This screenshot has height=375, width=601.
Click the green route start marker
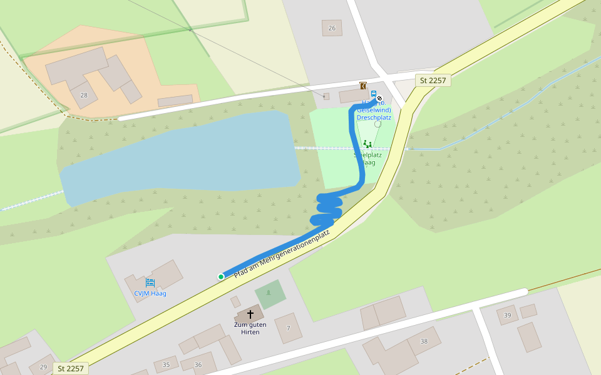pyautogui.click(x=221, y=277)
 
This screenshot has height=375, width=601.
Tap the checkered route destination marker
pyautogui.click(x=379, y=98)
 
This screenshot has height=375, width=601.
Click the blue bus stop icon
pyautogui.click(x=374, y=94)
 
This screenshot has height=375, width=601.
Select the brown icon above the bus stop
pyautogui.click(x=362, y=86)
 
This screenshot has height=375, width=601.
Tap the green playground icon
pyautogui.click(x=367, y=144)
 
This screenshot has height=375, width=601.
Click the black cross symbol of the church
pyautogui.click(x=250, y=314)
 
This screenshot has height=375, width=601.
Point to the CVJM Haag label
pyautogui.click(x=150, y=293)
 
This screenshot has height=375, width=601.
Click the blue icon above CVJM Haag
pyautogui.click(x=150, y=283)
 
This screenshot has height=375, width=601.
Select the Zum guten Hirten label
pyautogui.click(x=250, y=328)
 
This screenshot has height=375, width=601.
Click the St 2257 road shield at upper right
pyautogui.click(x=433, y=80)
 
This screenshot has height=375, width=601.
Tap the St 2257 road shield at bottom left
pyautogui.click(x=70, y=368)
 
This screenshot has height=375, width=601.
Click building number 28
pyautogui.click(x=84, y=95)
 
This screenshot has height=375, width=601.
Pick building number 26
pyautogui.click(x=332, y=28)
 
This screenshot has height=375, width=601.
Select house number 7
pyautogui.click(x=289, y=328)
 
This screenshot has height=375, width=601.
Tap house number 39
pyautogui.click(x=507, y=316)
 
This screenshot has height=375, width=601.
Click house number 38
pyautogui.click(x=424, y=341)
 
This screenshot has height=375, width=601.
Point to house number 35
pyautogui.click(x=166, y=364)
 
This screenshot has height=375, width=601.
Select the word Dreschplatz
pyautogui.click(x=374, y=117)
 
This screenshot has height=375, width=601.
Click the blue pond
pyautogui.click(x=182, y=156)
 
